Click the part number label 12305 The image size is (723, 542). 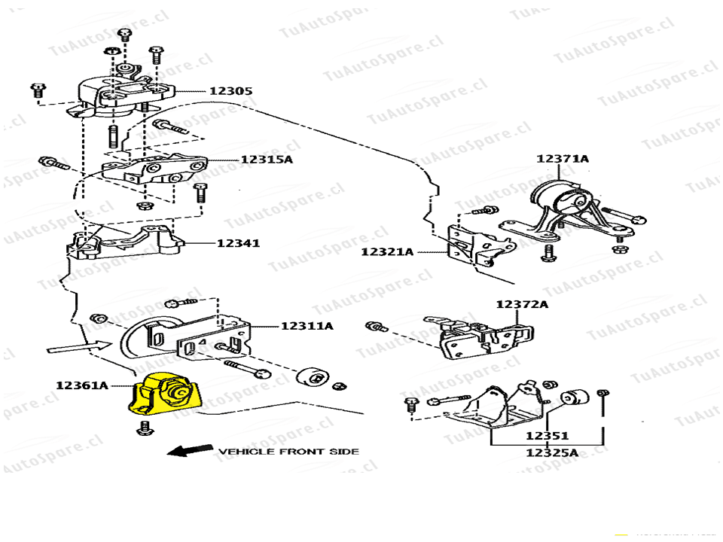[x=230, y=91]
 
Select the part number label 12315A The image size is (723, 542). [x=266, y=160]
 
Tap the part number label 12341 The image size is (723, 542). [x=238, y=243]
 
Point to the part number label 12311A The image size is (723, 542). [x=307, y=326]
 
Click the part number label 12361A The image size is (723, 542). [x=81, y=385]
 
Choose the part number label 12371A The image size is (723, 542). [x=563, y=159]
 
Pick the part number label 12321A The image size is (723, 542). [x=387, y=251]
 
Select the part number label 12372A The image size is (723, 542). [x=522, y=304]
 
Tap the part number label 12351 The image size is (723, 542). [x=547, y=436]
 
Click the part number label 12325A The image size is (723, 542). [x=552, y=452]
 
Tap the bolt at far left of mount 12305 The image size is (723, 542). [x=37, y=91]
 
